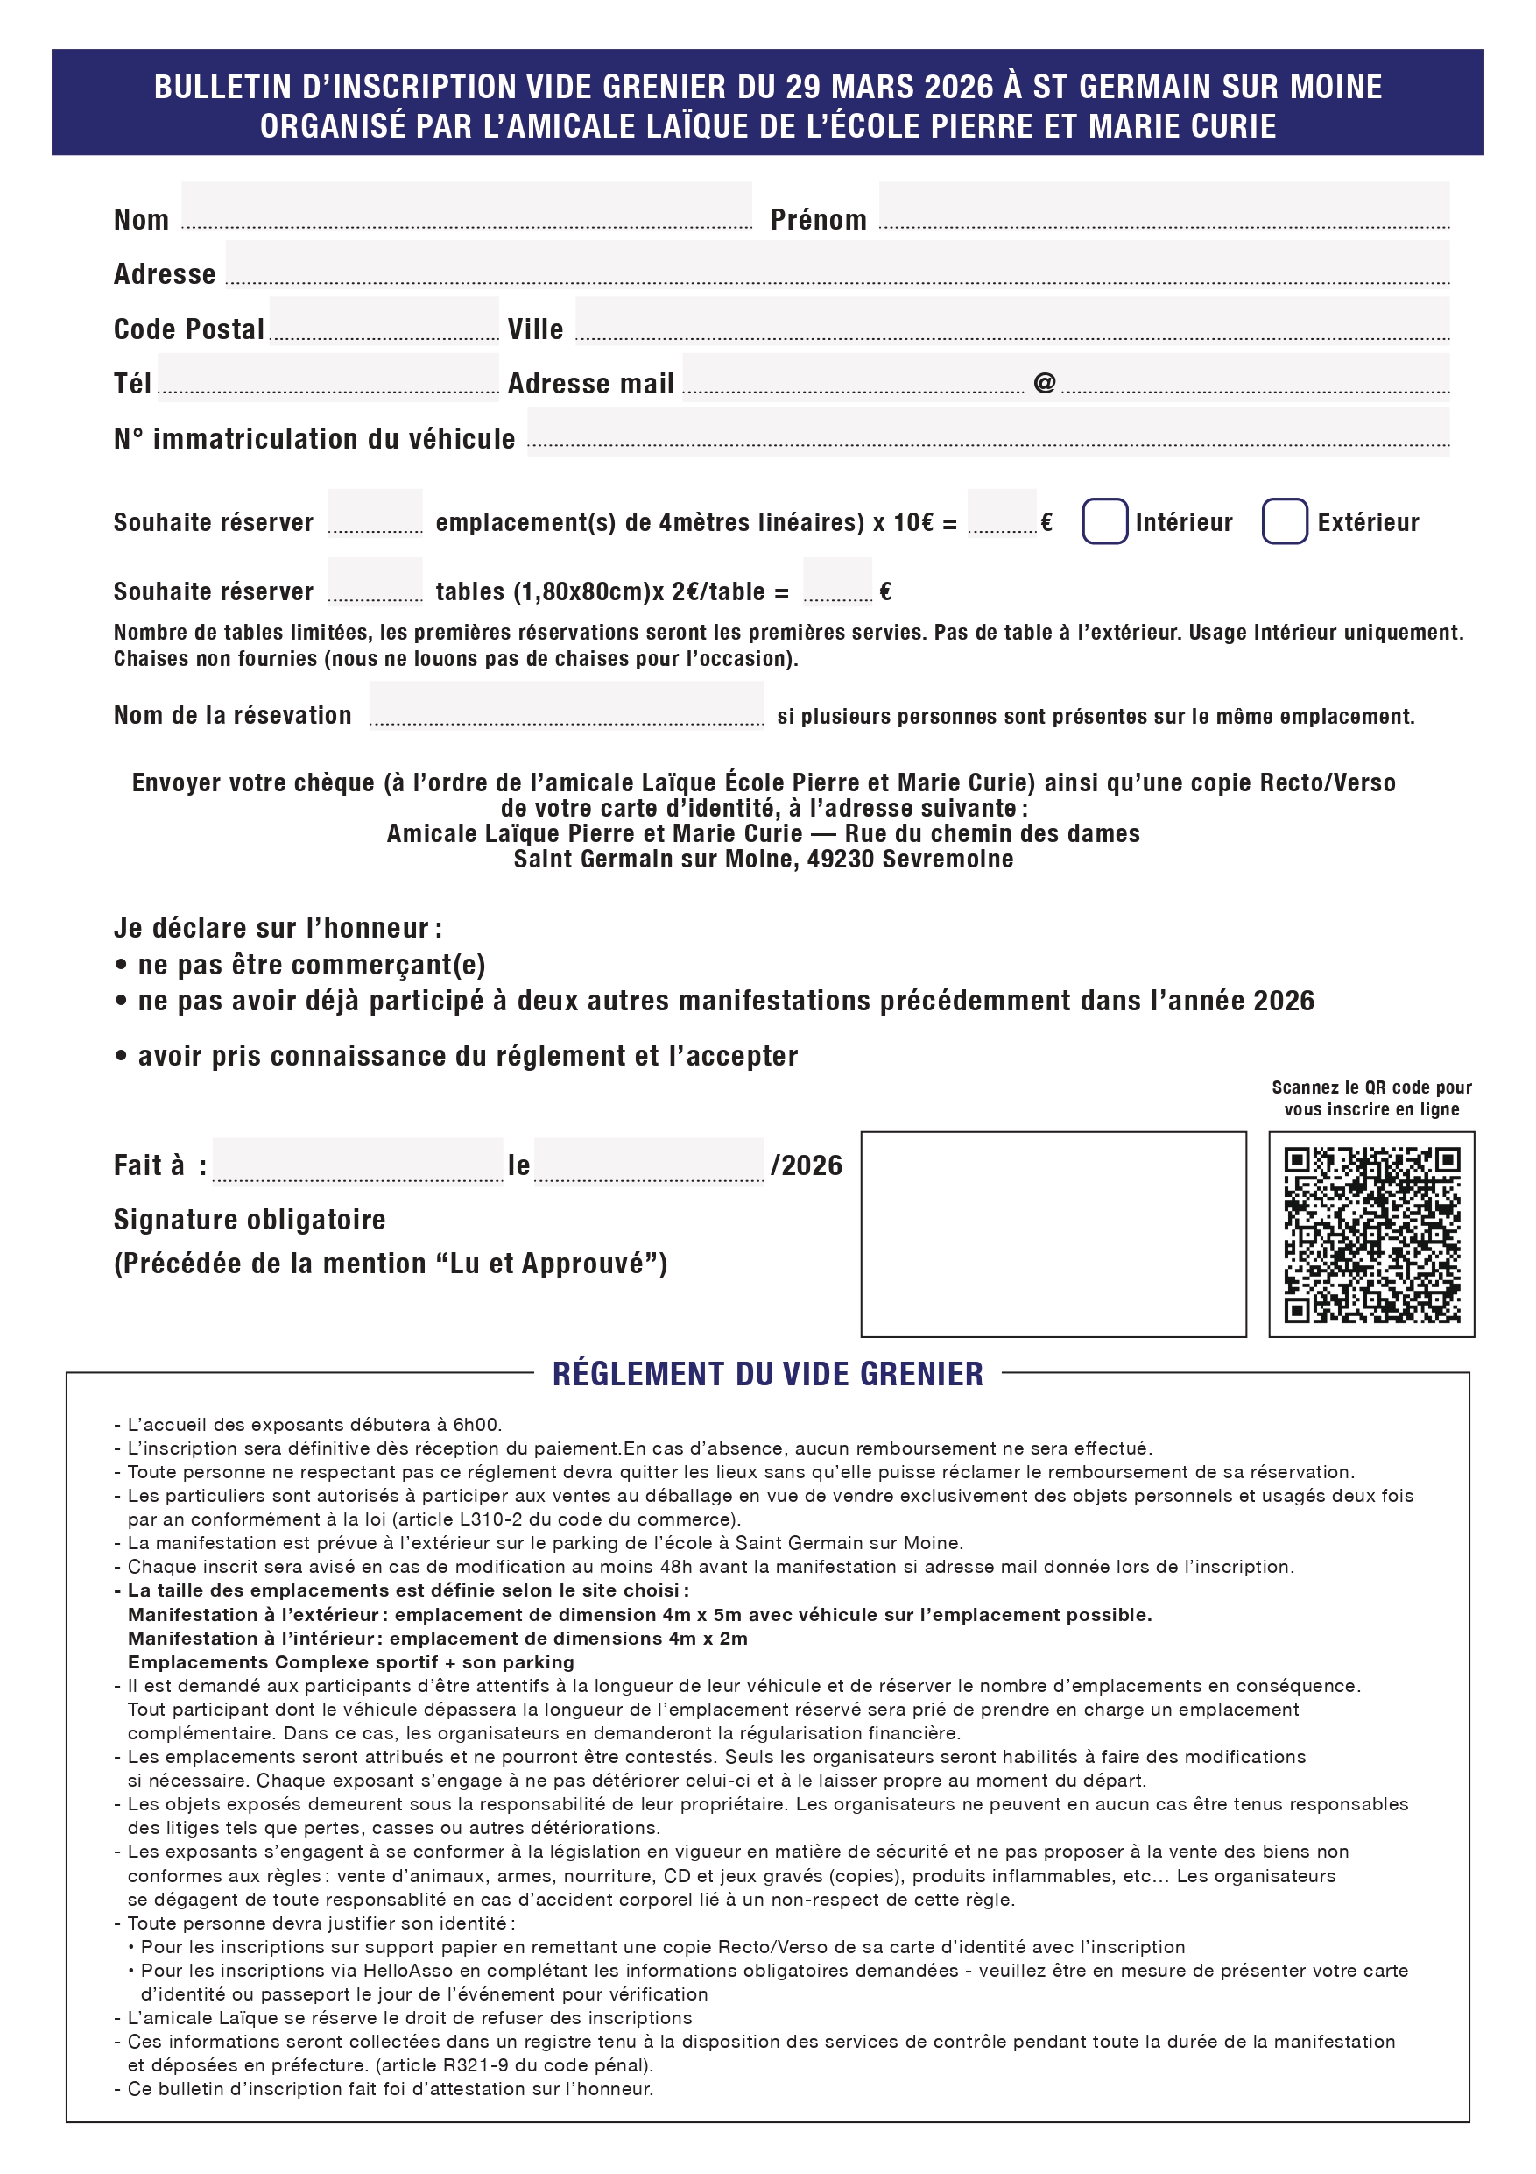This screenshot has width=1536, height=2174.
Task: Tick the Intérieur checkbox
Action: click(x=1104, y=520)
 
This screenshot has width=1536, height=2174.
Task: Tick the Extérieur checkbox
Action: click(x=1285, y=520)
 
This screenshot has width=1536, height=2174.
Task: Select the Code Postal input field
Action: click(x=384, y=319)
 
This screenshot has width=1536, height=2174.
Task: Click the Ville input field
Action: click(x=1011, y=319)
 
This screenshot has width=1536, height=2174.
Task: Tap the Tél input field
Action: click(x=328, y=374)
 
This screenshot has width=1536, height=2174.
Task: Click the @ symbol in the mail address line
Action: click(x=1044, y=383)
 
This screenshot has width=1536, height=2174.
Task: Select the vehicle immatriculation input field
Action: click(x=987, y=431)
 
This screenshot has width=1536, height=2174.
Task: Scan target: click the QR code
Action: click(x=1371, y=1234)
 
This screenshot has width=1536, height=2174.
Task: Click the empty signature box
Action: click(x=1053, y=1234)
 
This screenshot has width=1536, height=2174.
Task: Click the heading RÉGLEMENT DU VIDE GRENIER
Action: click(x=767, y=1374)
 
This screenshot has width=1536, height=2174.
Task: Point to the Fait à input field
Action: click(x=358, y=1160)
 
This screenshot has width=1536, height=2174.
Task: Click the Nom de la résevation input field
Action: click(x=566, y=705)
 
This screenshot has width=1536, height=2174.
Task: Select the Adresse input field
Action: click(x=836, y=262)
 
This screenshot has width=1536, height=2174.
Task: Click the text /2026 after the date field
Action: click(x=807, y=1165)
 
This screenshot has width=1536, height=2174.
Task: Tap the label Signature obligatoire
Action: click(x=250, y=1220)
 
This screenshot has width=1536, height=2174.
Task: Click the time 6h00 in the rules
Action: click(x=477, y=1425)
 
